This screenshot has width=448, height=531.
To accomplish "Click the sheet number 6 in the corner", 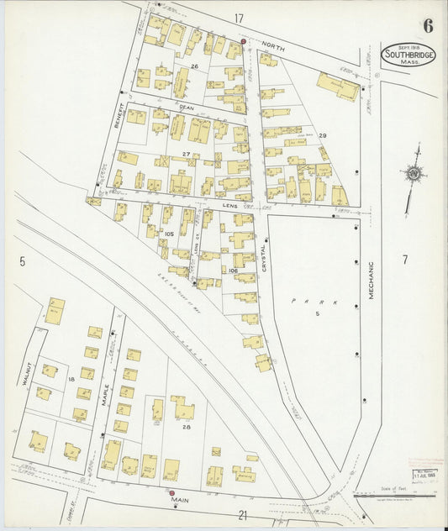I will coord(428,25).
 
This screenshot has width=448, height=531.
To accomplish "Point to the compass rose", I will coord(413,174).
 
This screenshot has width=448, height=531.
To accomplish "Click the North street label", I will coord(273,49).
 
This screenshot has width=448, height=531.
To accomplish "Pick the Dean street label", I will coord(187,108).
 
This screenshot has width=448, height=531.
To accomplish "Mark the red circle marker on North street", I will coord(244,40).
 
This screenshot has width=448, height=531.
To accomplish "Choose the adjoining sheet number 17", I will coord(240,18).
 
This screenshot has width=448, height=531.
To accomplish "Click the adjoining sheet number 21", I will coord(243,514).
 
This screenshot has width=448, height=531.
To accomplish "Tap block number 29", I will coord(322,135).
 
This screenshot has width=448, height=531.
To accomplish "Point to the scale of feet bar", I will coord(391,496).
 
